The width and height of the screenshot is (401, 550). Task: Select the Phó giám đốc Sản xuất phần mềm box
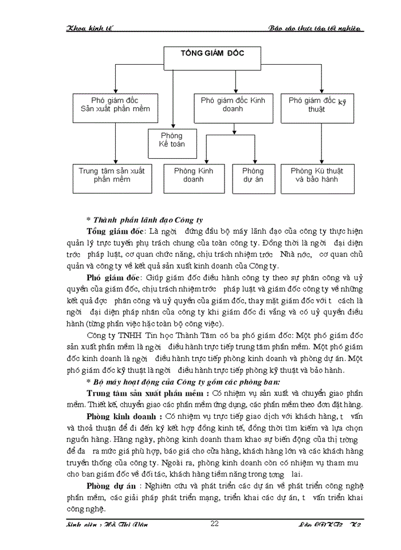[x=116, y=104]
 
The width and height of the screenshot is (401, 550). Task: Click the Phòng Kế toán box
[x=171, y=140]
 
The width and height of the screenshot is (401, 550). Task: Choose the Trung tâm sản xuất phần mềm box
[x=112, y=175]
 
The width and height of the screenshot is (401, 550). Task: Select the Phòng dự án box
[x=253, y=175]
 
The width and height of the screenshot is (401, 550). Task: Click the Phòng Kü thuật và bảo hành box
[x=317, y=175]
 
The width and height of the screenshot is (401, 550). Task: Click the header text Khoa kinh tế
[x=90, y=29]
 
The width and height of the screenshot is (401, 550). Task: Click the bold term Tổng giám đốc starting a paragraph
[x=115, y=231]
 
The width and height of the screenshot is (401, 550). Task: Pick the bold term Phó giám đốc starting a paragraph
[x=113, y=278]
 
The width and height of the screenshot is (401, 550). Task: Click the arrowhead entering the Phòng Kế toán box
[x=172, y=126]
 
